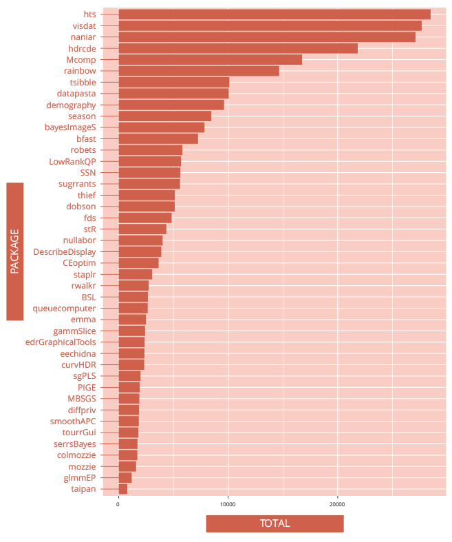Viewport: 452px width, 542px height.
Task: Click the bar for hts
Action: (274, 14)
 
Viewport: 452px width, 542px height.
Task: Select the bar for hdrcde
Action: (237, 48)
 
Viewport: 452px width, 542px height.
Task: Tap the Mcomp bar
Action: (210, 60)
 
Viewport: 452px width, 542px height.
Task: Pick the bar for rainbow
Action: (198, 71)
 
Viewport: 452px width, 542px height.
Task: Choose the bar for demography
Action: (171, 105)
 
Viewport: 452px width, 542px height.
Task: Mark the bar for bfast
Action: (158, 138)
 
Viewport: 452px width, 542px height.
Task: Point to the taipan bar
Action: (122, 489)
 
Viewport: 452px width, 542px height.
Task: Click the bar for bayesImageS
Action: (161, 127)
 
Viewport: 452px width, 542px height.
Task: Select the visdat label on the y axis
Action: (84, 25)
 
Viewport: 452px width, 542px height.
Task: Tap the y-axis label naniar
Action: (83, 37)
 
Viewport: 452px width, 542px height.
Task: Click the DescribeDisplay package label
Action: (65, 252)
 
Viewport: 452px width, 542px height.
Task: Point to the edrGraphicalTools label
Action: (61, 342)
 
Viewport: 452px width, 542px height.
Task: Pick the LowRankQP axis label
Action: (73, 161)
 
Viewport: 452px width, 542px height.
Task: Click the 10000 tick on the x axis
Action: (228, 505)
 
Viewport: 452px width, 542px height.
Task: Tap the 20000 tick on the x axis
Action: (337, 505)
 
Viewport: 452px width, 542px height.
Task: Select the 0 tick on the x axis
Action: (118, 505)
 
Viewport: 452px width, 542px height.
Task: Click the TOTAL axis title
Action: (275, 523)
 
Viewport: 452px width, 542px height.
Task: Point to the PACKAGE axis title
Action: (15, 251)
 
